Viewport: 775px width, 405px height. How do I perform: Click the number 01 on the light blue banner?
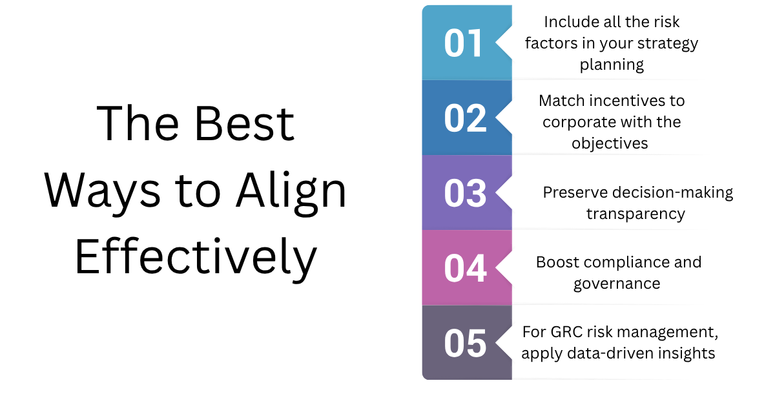462,43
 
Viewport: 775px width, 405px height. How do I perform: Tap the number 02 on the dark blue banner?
466,118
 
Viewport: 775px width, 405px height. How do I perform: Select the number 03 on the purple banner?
466,193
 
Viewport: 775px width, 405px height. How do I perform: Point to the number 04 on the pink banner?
466,268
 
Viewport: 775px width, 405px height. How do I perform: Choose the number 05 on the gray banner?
466,344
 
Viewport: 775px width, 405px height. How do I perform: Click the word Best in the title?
244,123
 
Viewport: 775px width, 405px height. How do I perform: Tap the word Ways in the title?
103,192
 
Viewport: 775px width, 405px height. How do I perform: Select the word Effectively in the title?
196,258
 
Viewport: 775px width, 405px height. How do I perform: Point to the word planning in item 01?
612,65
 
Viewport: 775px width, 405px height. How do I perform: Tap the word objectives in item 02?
610,143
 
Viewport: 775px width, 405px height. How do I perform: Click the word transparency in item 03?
635,214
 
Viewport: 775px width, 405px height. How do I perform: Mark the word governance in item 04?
617,284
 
